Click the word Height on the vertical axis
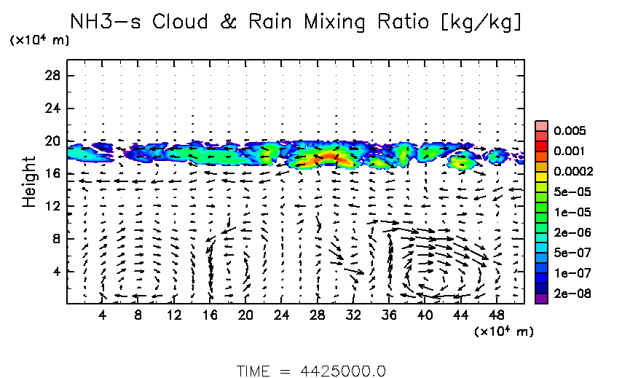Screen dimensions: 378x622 [29, 181]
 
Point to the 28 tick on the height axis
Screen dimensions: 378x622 [53, 76]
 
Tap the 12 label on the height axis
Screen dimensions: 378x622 [53, 206]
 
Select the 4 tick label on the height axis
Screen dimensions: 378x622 [56, 271]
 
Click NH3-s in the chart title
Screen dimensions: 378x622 [109, 21]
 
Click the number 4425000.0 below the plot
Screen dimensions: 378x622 [343, 371]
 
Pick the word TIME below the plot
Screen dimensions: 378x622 [254, 371]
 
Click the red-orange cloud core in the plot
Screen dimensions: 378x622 [323, 157]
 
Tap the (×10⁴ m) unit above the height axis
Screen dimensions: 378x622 [40, 40]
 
